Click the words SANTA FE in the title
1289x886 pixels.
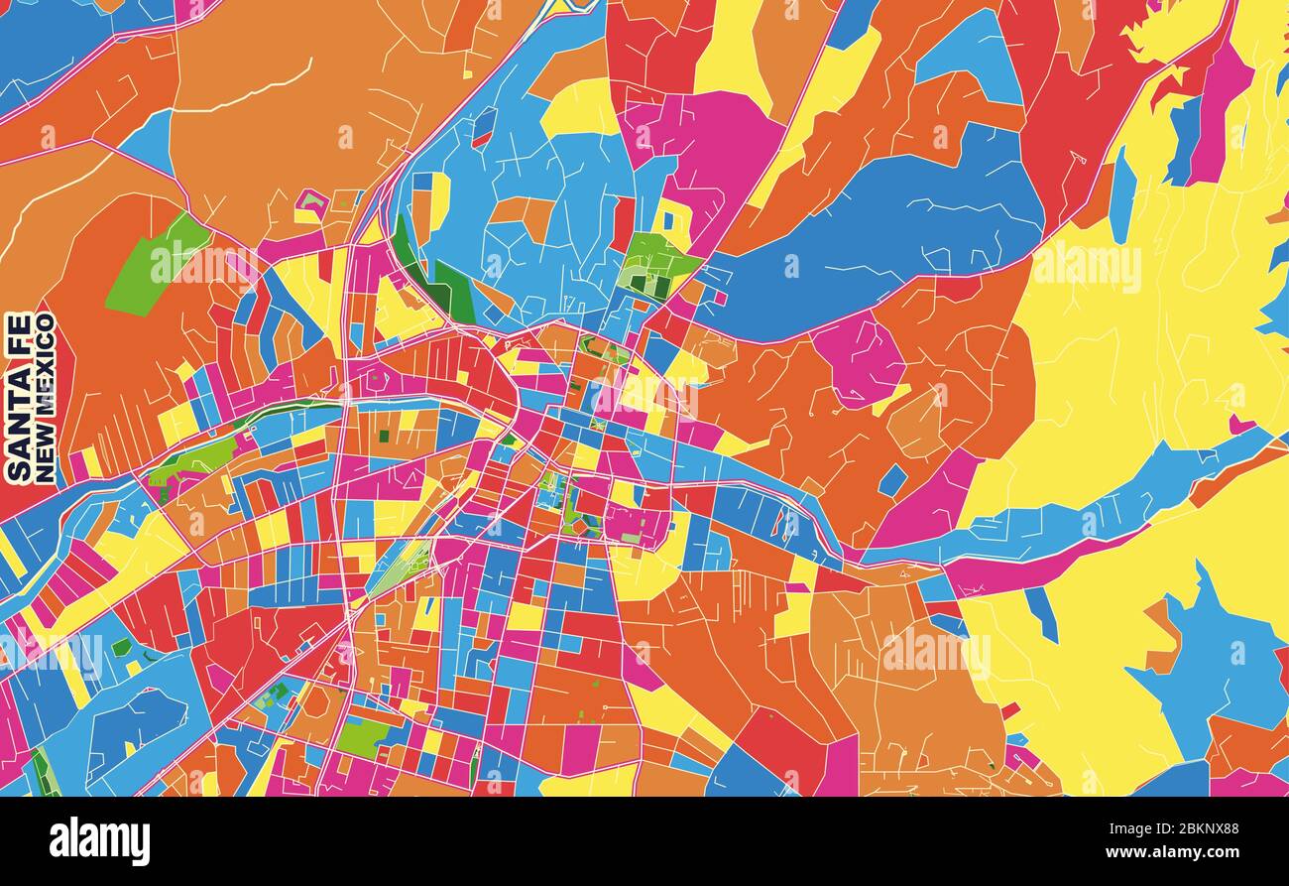pyautogui.click(x=18, y=397)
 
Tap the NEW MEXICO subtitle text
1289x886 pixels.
pyautogui.click(x=45, y=397)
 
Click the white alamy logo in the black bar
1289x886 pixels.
pyautogui.click(x=99, y=841)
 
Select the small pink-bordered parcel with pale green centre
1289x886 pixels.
pyautogui.click(x=311, y=205)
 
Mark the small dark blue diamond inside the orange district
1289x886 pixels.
pyautogui.click(x=892, y=480)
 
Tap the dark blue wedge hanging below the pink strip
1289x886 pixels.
pyautogui.click(x=1041, y=610)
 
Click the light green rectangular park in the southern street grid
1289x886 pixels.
pyautogui.click(x=363, y=736)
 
